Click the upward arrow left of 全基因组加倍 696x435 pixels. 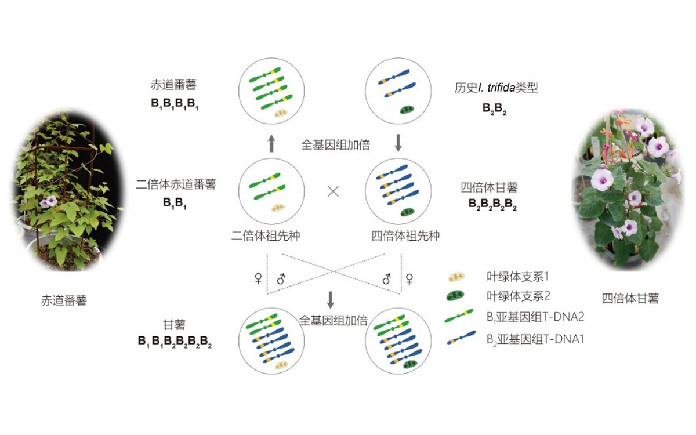tap(271, 142)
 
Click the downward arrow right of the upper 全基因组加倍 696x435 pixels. tap(398, 142)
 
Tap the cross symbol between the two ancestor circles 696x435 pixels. tap(333, 191)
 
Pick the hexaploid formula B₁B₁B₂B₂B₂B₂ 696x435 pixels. tap(175, 342)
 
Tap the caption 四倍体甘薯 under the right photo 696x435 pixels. tap(630, 299)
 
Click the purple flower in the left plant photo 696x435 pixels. tap(45, 202)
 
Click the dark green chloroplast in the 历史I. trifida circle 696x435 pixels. tap(406, 109)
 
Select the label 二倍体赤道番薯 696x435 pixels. tap(176, 184)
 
